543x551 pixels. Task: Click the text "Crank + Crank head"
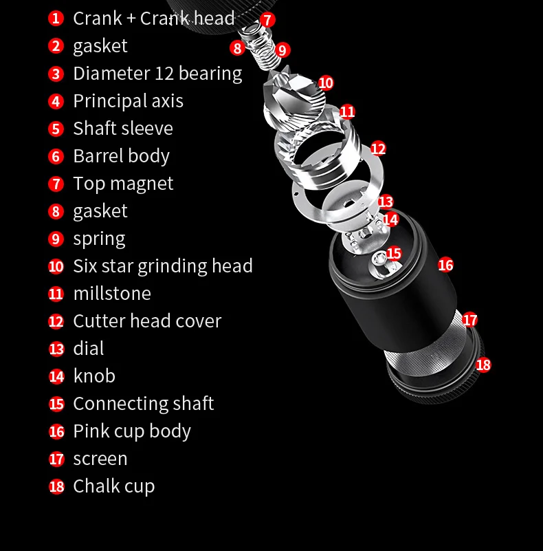[153, 19]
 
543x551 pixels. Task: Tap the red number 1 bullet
[56, 19]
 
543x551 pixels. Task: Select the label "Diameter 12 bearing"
[157, 74]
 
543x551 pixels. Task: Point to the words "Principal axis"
[128, 101]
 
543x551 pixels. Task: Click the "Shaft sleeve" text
[123, 129]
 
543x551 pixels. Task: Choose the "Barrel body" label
[121, 156]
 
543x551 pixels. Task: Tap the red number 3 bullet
[56, 74]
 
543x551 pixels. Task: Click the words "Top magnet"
[123, 184]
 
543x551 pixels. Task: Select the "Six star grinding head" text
[163, 266]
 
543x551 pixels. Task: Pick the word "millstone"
[112, 294]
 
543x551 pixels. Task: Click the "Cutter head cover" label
[147, 321]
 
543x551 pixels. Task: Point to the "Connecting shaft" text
[144, 404]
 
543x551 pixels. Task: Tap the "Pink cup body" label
[132, 431]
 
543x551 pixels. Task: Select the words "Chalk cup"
[114, 486]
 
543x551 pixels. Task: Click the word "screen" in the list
[100, 459]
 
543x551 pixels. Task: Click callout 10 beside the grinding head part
[326, 83]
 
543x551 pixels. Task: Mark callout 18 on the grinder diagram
[483, 365]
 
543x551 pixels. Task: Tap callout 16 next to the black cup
[445, 265]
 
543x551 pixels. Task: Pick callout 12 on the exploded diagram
[378, 149]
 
